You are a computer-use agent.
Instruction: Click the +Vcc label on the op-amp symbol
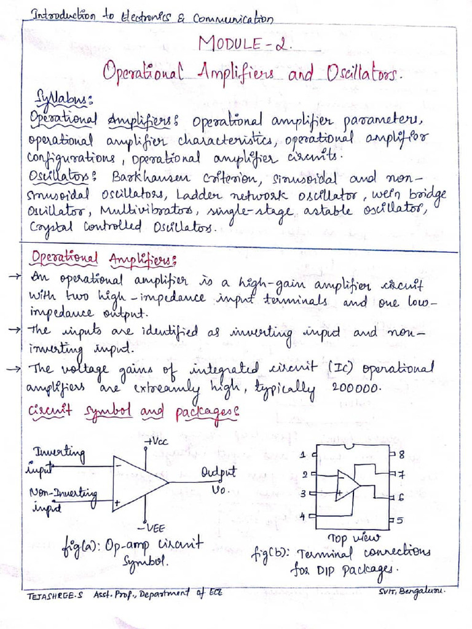pos(156,442)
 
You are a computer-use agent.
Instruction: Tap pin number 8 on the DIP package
pos(401,455)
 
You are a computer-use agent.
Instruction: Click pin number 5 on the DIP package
pos(399,521)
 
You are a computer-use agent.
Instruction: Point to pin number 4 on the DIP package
pos(303,515)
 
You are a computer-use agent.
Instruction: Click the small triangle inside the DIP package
pos(347,485)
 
